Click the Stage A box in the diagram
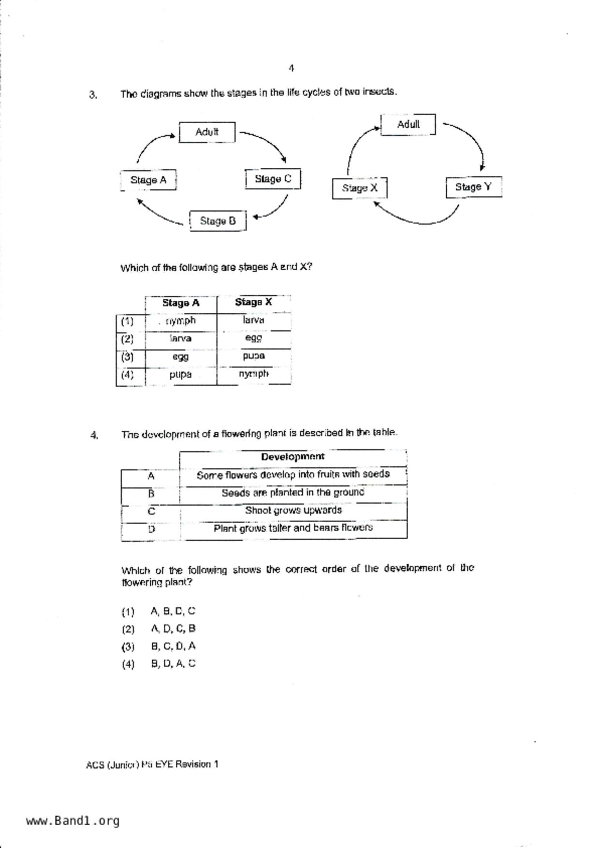tap(148, 180)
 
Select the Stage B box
tap(218, 221)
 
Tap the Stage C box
tap(273, 179)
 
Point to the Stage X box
tap(359, 188)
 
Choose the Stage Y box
tap(473, 187)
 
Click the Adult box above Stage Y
tap(408, 124)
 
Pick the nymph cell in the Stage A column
tap(180, 321)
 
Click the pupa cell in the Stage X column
tap(253, 356)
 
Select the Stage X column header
tap(253, 302)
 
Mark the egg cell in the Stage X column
tap(253, 338)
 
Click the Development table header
tap(292, 456)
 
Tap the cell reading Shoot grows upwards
tap(293, 510)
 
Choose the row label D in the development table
tap(151, 529)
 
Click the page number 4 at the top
tap(291, 68)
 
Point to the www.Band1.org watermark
tap(73, 820)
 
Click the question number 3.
tap(93, 95)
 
